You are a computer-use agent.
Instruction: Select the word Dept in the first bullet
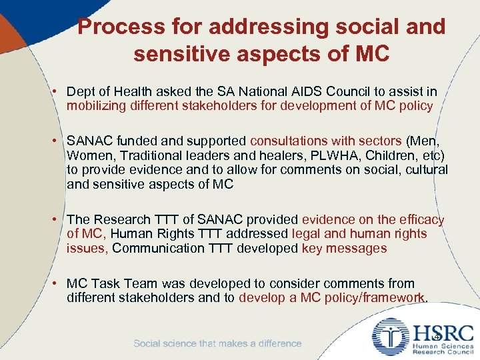tap(80, 91)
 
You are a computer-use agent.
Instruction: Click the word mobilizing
tap(99, 106)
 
